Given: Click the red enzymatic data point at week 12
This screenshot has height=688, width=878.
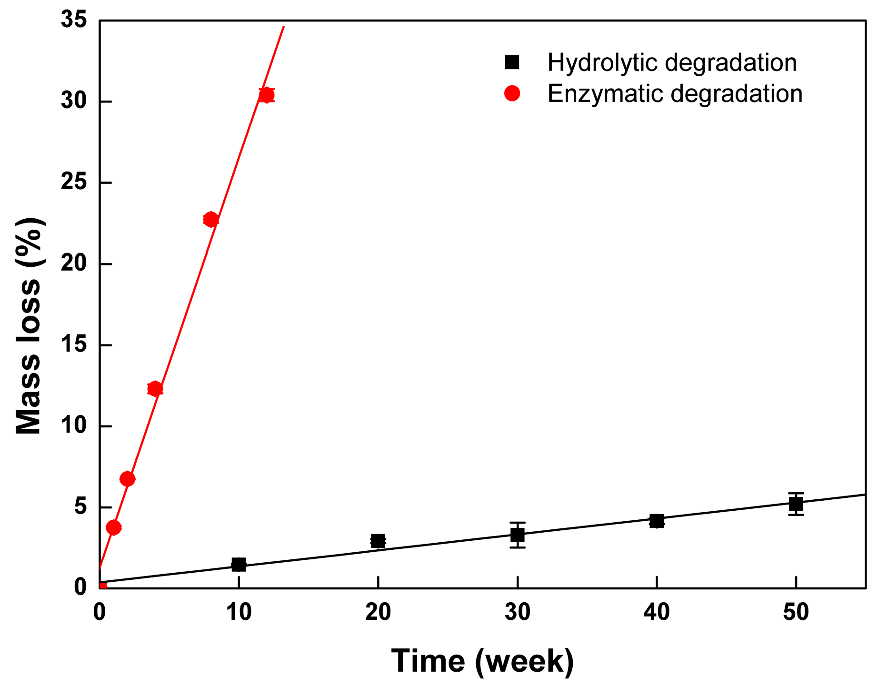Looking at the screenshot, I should click(266, 95).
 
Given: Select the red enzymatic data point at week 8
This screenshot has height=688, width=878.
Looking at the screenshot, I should click(210, 219).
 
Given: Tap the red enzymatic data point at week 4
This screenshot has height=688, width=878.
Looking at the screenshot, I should click(155, 388).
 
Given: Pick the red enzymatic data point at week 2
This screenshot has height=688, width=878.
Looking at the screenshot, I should click(127, 479).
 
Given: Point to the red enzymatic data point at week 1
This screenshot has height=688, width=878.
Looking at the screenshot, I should click(113, 527).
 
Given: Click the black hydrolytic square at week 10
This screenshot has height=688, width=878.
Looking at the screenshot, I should click(239, 565).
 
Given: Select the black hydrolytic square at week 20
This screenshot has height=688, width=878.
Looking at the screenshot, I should click(378, 541).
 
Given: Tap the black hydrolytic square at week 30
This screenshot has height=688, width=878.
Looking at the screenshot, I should click(518, 535).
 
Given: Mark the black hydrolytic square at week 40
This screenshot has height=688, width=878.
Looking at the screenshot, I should click(657, 521).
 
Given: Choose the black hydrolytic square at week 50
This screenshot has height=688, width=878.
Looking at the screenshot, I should click(796, 504).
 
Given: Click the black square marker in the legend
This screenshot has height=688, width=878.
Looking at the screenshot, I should click(512, 62).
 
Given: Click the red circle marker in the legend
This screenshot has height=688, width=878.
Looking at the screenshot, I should click(512, 93).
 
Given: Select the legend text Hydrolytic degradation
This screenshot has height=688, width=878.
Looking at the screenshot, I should click(672, 62).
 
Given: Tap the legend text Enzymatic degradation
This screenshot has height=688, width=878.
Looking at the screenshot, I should click(675, 93).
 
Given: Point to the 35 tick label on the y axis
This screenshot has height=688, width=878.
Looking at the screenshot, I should click(74, 20).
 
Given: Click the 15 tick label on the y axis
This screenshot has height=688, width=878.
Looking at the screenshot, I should click(74, 345).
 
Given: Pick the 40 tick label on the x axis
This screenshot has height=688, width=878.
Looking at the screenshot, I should click(657, 613).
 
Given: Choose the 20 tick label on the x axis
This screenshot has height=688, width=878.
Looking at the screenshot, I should click(378, 613).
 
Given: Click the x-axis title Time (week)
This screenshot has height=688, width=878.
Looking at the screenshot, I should click(482, 661).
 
